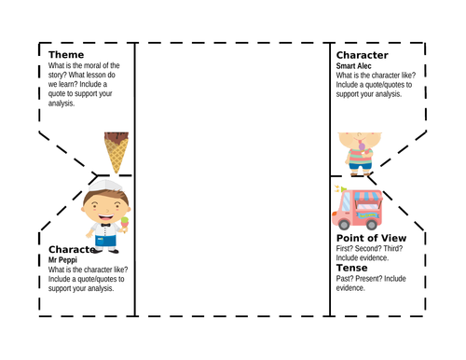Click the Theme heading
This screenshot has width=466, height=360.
pos(68,55)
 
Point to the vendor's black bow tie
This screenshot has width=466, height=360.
pos(104,225)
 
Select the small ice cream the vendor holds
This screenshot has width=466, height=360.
pos(123,220)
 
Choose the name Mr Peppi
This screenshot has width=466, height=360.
pos(64,259)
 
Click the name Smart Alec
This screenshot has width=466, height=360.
pos(356,65)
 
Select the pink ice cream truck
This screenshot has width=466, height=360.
pos(359,210)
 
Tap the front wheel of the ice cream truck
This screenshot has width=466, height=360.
pos(346,224)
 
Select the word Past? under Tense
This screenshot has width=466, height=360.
pos(348,279)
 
